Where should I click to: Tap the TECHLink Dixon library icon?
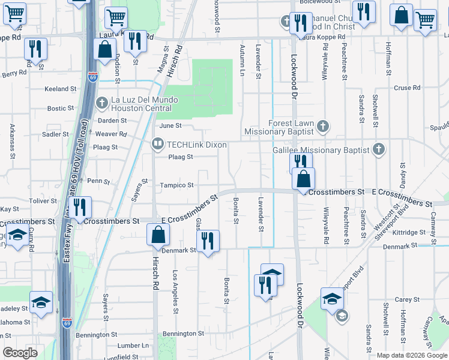click(158, 143)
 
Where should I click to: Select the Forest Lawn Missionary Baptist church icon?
click(323, 127)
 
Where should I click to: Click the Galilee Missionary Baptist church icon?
click(378, 149)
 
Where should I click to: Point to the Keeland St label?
click(60, 89)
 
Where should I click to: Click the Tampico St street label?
click(176, 185)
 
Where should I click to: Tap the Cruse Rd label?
click(407, 88)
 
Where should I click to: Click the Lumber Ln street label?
click(133, 346)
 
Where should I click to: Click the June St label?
click(170, 125)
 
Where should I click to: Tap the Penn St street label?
click(98, 181)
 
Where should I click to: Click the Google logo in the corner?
click(20, 352)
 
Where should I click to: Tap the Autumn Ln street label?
click(243, 60)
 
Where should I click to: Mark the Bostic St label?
click(61, 109)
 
